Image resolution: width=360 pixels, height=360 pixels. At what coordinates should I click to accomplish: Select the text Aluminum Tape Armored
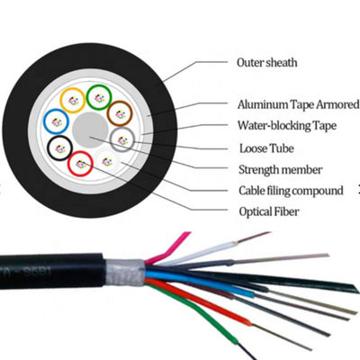point(298,104)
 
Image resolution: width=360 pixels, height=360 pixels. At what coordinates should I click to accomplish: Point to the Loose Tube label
point(265,148)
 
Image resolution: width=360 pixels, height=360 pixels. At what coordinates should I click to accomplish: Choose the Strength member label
point(282,169)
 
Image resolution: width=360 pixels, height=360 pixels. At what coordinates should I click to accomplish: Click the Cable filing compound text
point(291,191)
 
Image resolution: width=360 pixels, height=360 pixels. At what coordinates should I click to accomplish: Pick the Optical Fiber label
point(270,212)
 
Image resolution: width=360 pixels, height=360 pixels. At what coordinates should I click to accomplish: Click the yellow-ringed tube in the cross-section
point(71,99)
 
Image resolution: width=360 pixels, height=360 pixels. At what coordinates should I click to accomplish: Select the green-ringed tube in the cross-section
point(99,94)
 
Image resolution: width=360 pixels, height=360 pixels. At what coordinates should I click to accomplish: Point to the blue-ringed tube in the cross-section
point(56,121)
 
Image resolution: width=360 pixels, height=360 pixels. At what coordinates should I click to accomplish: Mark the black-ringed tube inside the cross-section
point(60,147)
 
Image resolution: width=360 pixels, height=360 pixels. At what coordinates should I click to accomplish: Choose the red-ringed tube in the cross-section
point(82,163)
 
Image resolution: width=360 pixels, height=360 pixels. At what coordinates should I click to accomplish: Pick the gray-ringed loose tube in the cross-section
point(121,139)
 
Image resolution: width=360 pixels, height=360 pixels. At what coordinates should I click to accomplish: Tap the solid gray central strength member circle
point(89,129)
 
